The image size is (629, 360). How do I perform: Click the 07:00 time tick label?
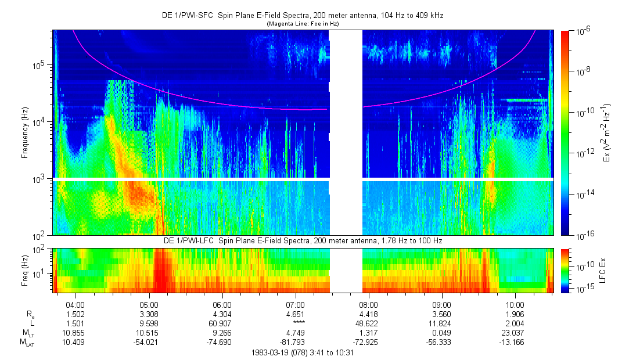coord(296,304)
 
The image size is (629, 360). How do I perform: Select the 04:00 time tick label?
coord(76,304)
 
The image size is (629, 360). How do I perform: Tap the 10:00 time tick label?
coord(515,304)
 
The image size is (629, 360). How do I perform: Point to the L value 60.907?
coord(222,323)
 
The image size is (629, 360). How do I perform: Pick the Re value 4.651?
coord(296,314)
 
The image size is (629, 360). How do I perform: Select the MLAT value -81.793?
coord(296,341)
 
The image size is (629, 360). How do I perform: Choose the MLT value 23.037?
coord(515,332)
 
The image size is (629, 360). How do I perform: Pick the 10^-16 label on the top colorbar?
coord(584,235)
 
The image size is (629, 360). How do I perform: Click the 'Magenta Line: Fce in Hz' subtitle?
coord(303,24)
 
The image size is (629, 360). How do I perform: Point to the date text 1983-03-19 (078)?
coord(277,352)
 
